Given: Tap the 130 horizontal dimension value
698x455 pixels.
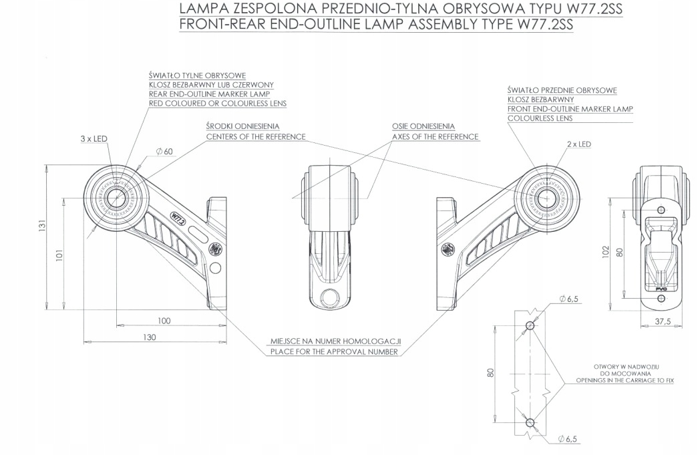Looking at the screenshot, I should pos(149,337).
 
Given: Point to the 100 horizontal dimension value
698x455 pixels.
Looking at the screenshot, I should pos(164,321).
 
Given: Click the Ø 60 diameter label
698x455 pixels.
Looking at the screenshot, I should pos(164,152).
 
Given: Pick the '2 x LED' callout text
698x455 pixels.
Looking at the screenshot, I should pos(578,144).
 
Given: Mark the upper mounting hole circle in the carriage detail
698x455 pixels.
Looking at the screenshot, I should pos(530,327).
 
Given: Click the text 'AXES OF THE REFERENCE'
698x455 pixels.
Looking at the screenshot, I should pos(435,137).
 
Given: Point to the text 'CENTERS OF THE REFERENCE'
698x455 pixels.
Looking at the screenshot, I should pos(255,137).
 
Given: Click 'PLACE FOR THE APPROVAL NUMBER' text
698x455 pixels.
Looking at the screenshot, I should pos(333,351).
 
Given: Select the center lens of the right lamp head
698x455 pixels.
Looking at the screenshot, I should pos(546,197).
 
